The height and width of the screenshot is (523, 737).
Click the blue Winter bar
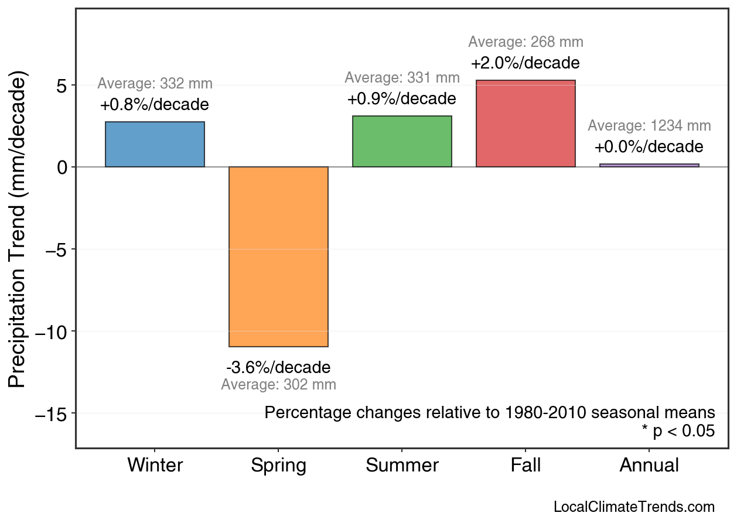tap(155, 145)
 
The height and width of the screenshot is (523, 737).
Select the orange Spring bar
tap(278, 257)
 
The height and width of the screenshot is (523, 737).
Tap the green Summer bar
tap(402, 142)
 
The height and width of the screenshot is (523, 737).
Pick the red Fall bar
tap(526, 124)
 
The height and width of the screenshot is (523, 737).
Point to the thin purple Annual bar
tap(649, 165)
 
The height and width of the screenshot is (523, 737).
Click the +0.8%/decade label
tap(155, 105)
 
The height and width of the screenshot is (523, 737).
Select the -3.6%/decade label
tap(278, 368)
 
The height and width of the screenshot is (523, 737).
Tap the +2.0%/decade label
tap(526, 63)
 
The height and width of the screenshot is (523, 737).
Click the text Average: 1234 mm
tap(649, 126)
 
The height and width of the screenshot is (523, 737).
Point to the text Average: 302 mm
tap(278, 385)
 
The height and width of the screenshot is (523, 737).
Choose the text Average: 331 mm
tap(402, 78)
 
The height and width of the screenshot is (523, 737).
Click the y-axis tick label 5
tap(62, 86)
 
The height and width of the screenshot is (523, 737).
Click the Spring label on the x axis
tap(278, 466)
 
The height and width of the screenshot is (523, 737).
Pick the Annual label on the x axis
tap(649, 466)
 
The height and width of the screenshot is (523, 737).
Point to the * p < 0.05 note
tap(678, 432)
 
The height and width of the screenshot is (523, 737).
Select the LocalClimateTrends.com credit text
tap(634, 507)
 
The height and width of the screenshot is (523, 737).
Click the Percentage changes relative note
tap(490, 413)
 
